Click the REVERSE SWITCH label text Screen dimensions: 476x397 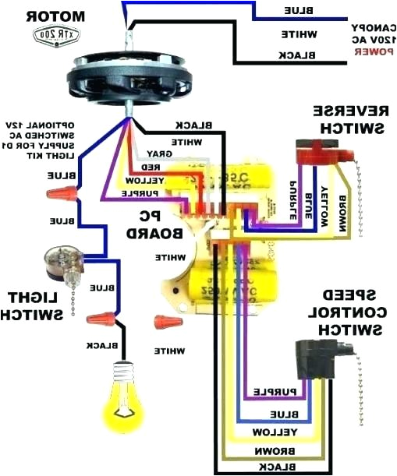tap(349, 117)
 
